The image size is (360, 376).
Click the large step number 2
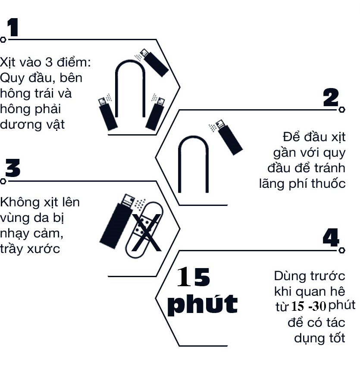point(331,98)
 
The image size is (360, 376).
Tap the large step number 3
point(13,168)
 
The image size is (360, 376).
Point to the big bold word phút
point(202,304)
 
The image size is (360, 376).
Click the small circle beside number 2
point(342,110)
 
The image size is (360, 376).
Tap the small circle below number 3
point(3,181)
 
